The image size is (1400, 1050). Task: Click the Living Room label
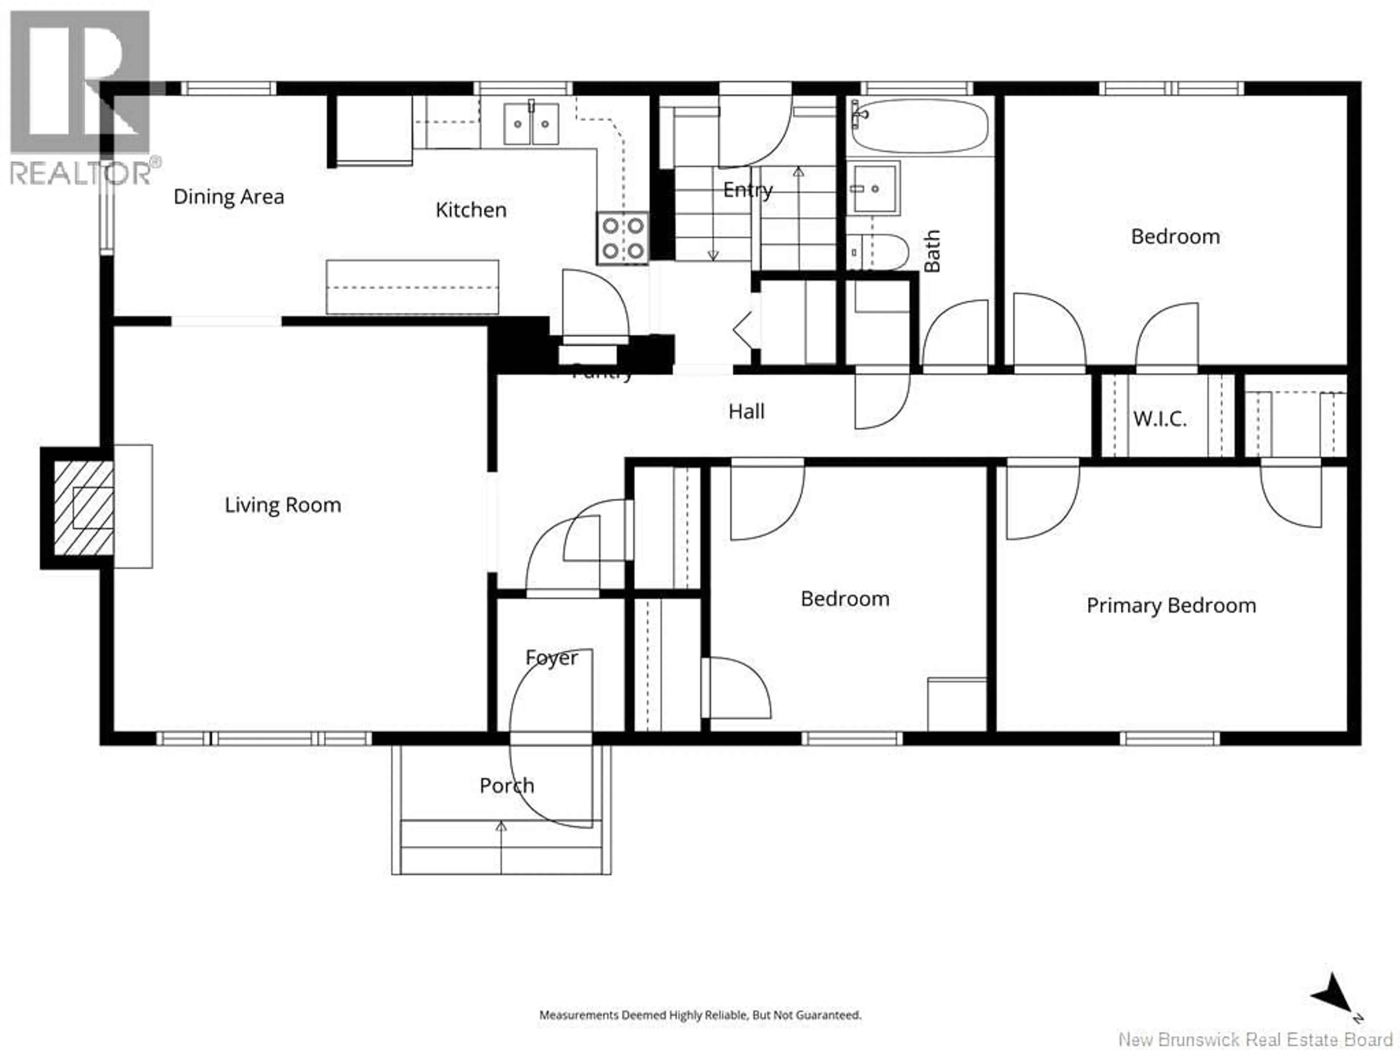pos(283,505)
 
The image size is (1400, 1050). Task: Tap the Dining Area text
pos(229,197)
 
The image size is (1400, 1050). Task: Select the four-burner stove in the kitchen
pos(622,238)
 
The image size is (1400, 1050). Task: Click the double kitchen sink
pos(531,124)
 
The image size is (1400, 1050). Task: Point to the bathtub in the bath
pos(919,125)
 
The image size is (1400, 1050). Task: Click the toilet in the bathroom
pos(879,252)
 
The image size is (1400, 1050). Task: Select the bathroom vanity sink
pos(874,188)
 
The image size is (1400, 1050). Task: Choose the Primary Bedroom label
pos(1171,606)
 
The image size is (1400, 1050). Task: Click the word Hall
pos(746,411)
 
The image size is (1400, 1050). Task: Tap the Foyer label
pos(551,658)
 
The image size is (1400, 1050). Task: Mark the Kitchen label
pos(471,210)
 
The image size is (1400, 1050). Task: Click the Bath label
pos(932,250)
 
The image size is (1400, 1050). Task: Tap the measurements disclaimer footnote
pos(700,1015)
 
